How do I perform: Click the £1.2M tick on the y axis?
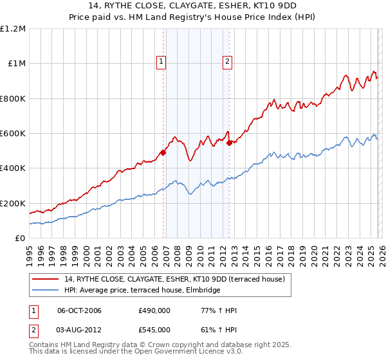point(14,29)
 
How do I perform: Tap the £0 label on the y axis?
point(20,239)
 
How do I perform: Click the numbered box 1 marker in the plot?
point(160,62)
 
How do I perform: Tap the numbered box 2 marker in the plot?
point(227,62)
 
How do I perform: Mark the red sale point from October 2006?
point(163,153)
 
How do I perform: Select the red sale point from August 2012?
point(229,143)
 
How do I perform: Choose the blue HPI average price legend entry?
point(141,291)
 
